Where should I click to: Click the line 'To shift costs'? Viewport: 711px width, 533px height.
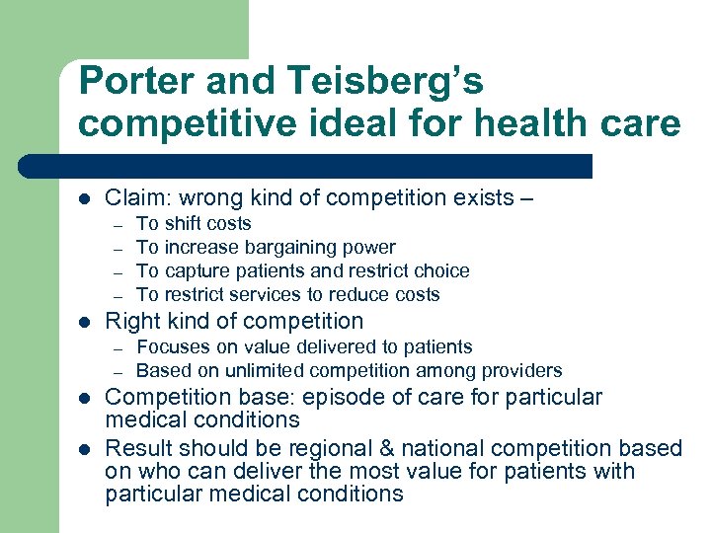coord(194,224)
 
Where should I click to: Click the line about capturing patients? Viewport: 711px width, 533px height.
coord(302,270)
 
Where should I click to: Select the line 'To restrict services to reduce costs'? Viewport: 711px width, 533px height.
coord(287,294)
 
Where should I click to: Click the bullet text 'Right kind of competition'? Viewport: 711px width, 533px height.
coord(234,321)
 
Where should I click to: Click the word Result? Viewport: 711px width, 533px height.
coord(135,448)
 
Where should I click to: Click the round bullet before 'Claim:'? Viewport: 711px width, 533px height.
coord(84,198)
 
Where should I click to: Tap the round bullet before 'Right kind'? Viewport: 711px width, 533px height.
coord(84,322)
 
